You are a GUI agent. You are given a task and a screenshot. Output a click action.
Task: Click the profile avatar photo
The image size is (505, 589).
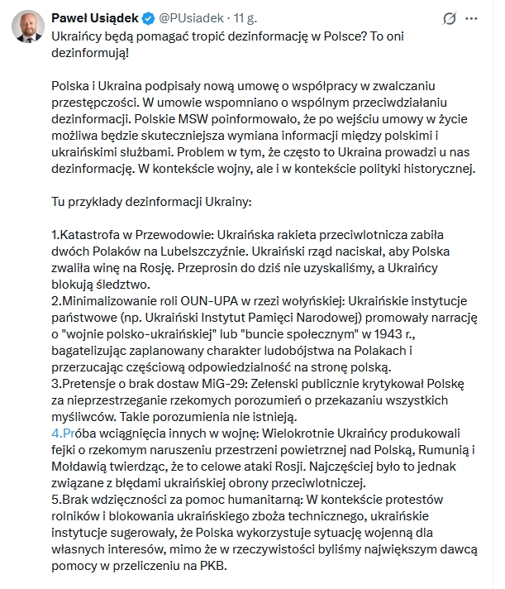27,29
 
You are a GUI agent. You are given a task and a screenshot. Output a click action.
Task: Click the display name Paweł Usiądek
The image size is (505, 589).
95,17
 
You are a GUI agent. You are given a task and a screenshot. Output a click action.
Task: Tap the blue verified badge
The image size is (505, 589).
148,17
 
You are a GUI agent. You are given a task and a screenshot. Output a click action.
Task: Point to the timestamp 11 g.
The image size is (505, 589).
245,17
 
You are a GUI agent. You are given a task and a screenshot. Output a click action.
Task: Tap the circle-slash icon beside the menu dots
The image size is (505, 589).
450,18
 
